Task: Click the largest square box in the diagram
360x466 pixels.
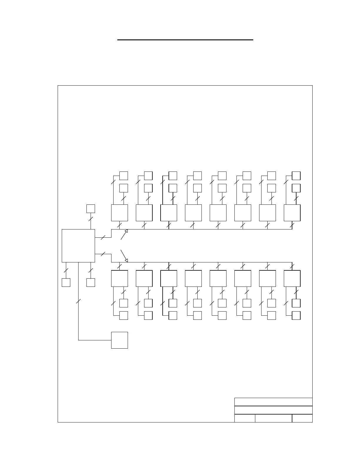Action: pyautogui.click(x=78, y=246)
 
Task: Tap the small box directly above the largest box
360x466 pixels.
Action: pyautogui.click(x=91, y=209)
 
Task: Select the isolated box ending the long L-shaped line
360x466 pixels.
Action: pyautogui.click(x=119, y=340)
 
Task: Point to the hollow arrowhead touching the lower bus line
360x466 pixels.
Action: pyautogui.click(x=126, y=260)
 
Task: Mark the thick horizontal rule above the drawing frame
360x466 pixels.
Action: pyautogui.click(x=185, y=40)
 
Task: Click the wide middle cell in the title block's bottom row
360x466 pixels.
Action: pyautogui.click(x=274, y=418)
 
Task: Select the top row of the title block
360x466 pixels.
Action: pyautogui.click(x=273, y=402)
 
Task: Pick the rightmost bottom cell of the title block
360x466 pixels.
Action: pyautogui.click(x=302, y=418)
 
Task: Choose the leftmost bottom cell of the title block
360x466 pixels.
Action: pyautogui.click(x=245, y=418)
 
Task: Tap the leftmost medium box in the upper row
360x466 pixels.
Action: pyautogui.click(x=119, y=213)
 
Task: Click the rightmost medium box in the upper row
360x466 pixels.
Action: pyautogui.click(x=292, y=213)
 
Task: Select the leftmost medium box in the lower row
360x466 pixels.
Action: pyautogui.click(x=119, y=278)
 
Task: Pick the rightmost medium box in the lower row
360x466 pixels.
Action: pyautogui.click(x=292, y=278)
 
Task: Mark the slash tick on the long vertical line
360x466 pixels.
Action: pyautogui.click(x=78, y=301)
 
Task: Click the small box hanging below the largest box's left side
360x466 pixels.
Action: pyautogui.click(x=66, y=282)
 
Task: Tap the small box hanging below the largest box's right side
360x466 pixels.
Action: pyautogui.click(x=91, y=282)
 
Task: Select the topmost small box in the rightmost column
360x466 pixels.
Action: pyautogui.click(x=296, y=176)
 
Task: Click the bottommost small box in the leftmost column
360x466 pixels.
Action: pyautogui.click(x=124, y=315)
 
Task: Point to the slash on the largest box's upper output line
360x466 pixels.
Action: pyautogui.click(x=103, y=237)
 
